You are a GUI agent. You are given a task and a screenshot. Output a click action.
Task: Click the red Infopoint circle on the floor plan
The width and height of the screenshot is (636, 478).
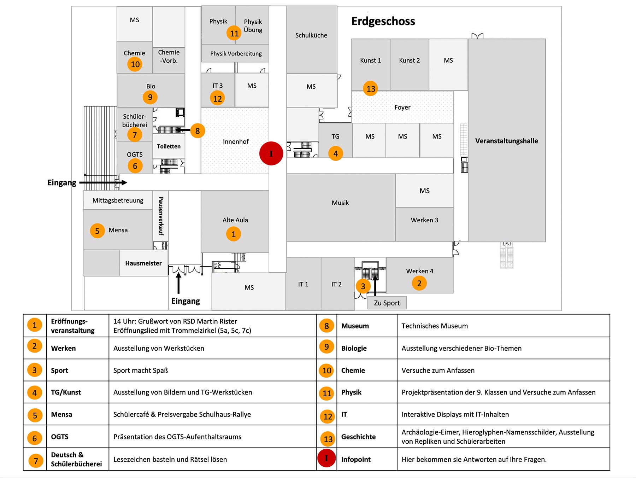point(271,153)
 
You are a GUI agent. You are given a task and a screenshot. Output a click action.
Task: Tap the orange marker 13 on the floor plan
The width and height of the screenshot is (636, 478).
point(371,88)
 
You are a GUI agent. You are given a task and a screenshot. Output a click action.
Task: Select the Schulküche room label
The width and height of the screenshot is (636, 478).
point(311,35)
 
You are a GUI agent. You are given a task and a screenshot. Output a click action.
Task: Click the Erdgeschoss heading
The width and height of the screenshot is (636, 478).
point(383,21)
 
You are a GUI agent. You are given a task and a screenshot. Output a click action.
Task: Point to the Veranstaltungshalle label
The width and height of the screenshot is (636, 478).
point(506,141)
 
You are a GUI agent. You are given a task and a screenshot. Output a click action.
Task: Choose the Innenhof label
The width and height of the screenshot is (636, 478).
point(236,141)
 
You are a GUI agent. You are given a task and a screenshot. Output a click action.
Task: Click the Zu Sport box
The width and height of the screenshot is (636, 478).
point(387,303)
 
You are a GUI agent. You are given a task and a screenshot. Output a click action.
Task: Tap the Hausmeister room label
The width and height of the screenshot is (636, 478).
point(143,263)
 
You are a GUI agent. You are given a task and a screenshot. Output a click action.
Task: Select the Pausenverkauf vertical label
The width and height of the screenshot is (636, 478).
point(161,216)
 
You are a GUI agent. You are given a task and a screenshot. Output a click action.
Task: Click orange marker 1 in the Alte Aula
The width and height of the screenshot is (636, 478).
point(233,234)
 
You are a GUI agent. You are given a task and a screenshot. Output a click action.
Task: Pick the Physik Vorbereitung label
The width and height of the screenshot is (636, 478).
point(236,54)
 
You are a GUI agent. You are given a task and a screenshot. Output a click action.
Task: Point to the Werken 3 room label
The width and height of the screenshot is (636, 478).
point(424,220)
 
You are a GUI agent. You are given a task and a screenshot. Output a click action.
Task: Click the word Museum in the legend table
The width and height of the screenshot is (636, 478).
point(355,326)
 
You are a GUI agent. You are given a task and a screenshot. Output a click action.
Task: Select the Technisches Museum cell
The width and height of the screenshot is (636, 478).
point(435,326)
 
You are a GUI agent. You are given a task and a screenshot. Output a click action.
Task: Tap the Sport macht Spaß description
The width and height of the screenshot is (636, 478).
point(141,371)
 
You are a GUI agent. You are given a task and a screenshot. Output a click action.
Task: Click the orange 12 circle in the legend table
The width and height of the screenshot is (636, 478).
point(328,416)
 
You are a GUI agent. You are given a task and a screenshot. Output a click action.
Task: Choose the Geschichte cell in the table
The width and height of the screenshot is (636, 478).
point(358,437)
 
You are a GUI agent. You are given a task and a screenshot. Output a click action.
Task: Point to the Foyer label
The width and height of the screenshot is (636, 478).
point(402,107)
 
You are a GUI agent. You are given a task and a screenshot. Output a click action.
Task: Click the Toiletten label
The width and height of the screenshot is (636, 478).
point(169,146)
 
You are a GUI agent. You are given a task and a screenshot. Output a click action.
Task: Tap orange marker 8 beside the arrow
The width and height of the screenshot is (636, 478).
point(198,131)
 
